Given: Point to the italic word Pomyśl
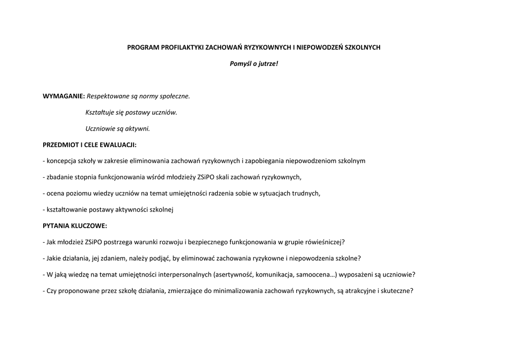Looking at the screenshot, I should (x=240, y=64).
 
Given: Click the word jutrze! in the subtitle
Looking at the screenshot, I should (x=268, y=64).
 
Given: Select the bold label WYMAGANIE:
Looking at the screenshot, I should (x=64, y=96).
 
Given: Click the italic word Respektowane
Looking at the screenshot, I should (x=106, y=96).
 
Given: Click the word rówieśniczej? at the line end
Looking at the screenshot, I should (x=324, y=242).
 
